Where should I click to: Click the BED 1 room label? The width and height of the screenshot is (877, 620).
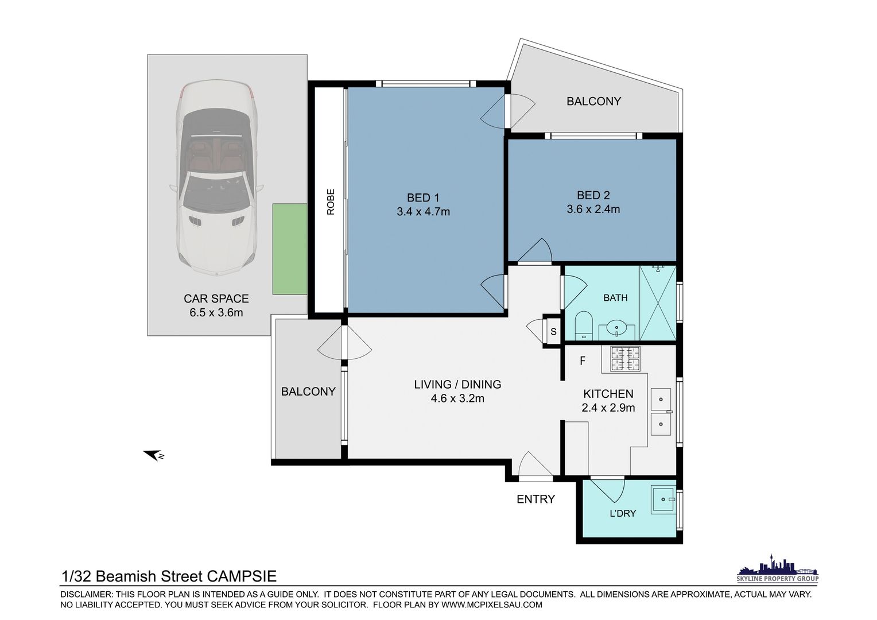[x=423, y=197]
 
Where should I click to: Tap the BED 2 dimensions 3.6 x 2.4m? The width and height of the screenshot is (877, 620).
[x=593, y=209]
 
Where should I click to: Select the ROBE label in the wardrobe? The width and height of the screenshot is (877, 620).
[x=331, y=201]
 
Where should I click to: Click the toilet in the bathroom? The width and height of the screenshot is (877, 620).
[x=584, y=325]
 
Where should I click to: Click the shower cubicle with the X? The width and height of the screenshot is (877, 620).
[x=657, y=303]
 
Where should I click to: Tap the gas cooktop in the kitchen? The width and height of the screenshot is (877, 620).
[x=625, y=358]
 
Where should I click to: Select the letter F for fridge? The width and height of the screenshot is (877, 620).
[x=583, y=361]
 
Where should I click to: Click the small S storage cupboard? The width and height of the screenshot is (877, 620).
[x=553, y=331]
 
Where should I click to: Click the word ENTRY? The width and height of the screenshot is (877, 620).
[x=535, y=499]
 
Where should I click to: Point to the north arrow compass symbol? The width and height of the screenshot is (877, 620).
[x=153, y=455]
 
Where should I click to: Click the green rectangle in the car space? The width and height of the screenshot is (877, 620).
[x=290, y=249]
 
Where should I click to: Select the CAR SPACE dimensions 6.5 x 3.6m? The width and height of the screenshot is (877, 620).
[x=216, y=313]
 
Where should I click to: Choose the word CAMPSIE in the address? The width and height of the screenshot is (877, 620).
[x=242, y=576]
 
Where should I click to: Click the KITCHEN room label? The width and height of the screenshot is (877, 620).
[x=608, y=394]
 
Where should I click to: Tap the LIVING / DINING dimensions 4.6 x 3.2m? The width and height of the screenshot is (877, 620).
[x=457, y=398]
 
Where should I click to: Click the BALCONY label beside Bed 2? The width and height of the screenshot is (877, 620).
[x=593, y=102]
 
